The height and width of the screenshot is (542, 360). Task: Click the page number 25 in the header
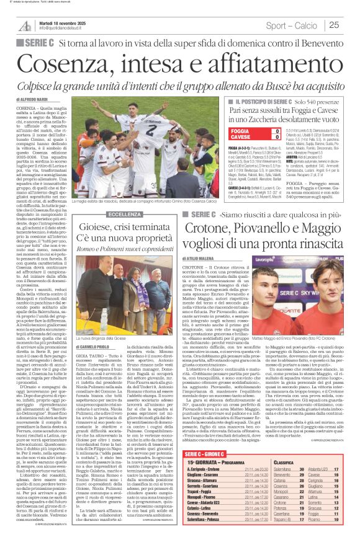pos(351,25)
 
